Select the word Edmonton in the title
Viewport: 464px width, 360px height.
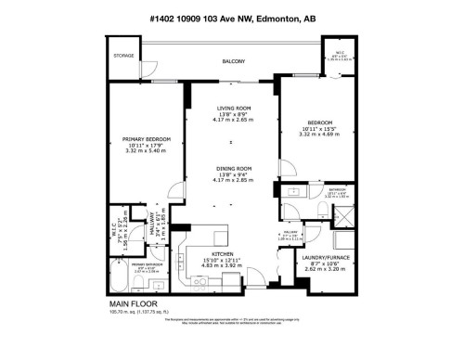pos(279,21)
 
